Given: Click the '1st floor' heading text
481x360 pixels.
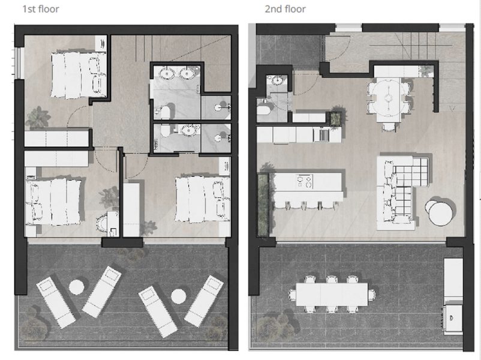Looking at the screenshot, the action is click(41, 9).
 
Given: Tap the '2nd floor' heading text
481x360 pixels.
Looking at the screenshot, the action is click(285, 9).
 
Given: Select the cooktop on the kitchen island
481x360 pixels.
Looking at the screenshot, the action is click(304, 181).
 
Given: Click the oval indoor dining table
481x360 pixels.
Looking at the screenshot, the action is click(388, 98).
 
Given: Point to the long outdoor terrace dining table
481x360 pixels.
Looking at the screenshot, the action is click(332, 294).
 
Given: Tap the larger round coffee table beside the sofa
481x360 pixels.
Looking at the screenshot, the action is click(440, 214).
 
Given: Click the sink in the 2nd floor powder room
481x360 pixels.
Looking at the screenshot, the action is click(276, 80).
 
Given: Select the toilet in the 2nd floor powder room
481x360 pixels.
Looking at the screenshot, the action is click(263, 109).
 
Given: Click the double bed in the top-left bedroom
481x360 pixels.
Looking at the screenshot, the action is click(79, 75).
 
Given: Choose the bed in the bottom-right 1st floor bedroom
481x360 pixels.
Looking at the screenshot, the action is click(203, 199).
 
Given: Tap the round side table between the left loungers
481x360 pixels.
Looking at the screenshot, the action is click(76, 287).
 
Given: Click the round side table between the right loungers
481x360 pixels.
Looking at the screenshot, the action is click(179, 296).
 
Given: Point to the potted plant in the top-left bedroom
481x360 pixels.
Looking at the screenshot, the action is click(38, 118).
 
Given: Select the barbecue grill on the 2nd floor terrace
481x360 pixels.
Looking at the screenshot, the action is click(452, 318).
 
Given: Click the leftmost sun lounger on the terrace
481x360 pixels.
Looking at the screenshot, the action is click(56, 302).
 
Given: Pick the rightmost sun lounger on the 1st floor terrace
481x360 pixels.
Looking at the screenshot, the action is click(204, 301).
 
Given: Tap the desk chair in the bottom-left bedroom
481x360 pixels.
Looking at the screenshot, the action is click(102, 223).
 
